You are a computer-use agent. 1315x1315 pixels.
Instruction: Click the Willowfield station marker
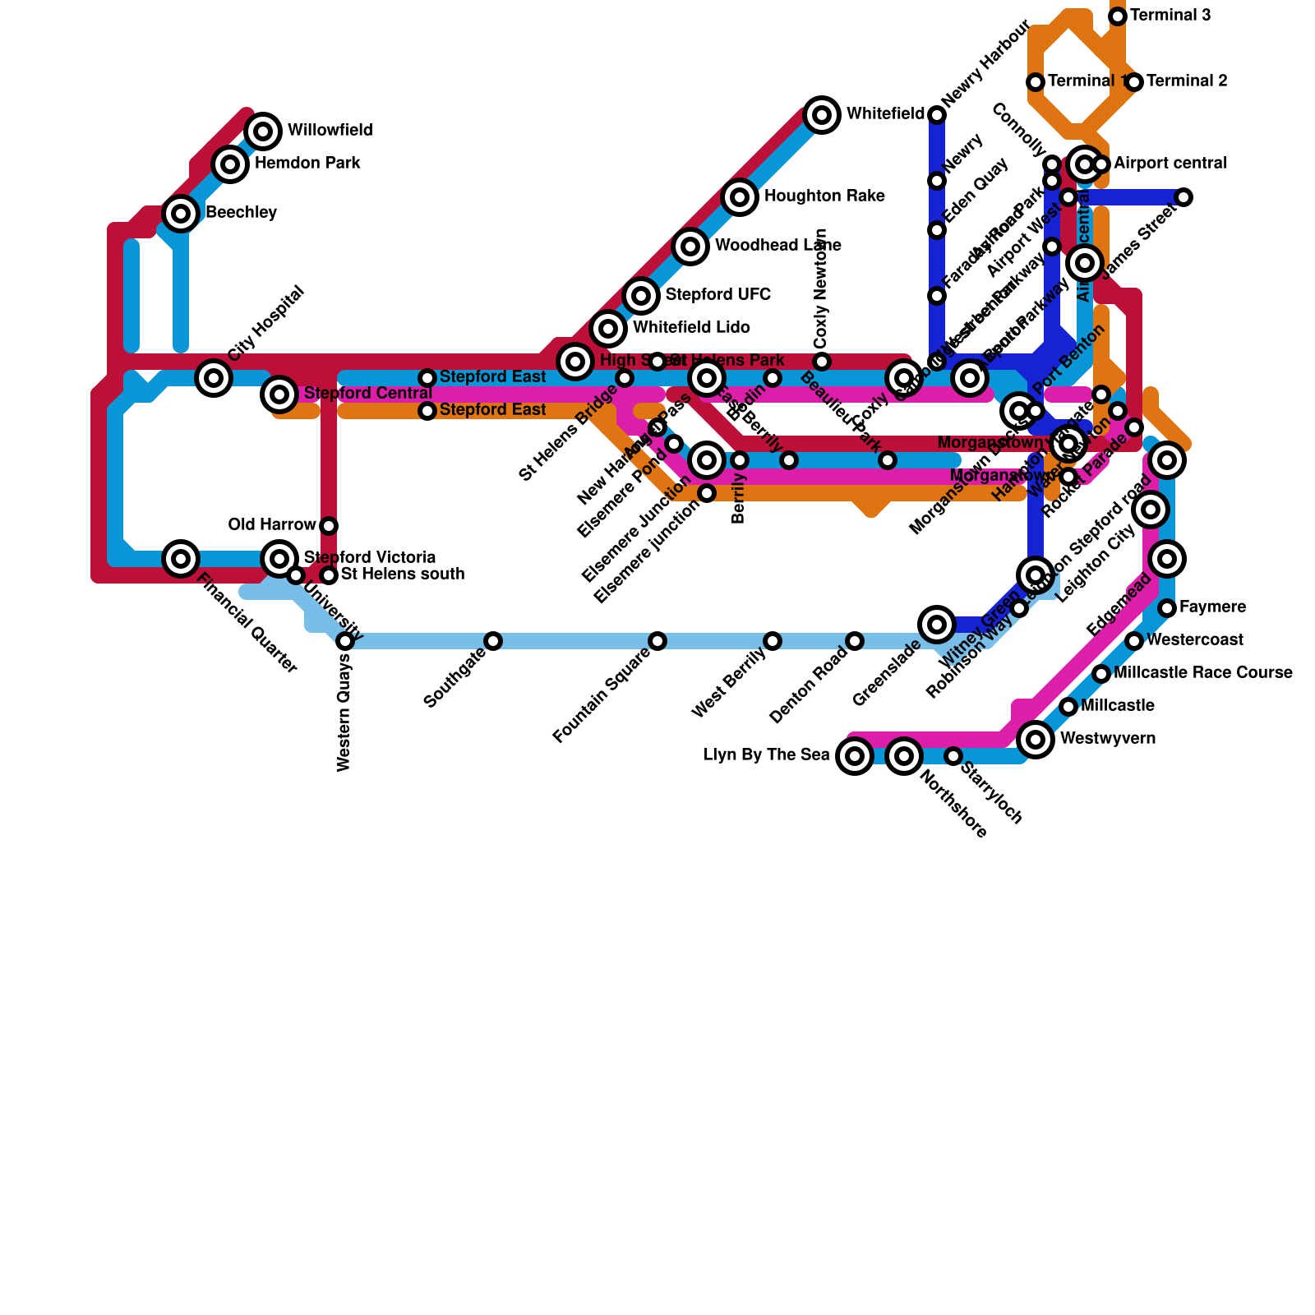pyautogui.click(x=263, y=131)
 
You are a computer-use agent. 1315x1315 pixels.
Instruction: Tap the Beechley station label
pyautogui.click(x=241, y=213)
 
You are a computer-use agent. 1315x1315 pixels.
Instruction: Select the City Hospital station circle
pyautogui.click(x=214, y=378)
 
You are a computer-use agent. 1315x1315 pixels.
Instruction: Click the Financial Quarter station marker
pyautogui.click(x=181, y=559)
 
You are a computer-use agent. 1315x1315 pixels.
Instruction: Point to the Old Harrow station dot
pyautogui.click(x=329, y=525)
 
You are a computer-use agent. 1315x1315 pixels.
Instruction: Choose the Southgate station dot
pyautogui.click(x=493, y=641)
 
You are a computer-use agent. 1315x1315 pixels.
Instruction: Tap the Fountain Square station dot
pyautogui.click(x=657, y=641)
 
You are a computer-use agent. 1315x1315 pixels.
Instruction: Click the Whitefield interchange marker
pyautogui.click(x=822, y=114)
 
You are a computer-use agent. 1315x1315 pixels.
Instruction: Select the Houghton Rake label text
pyautogui.click(x=824, y=196)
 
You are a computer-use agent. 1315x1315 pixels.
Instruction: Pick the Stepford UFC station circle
pyautogui.click(x=641, y=295)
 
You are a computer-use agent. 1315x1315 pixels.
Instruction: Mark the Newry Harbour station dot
pyautogui.click(x=937, y=115)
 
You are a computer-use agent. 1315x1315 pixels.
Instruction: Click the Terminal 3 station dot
pyautogui.click(x=1118, y=16)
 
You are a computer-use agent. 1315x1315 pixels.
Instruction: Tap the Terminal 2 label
pyautogui.click(x=1187, y=81)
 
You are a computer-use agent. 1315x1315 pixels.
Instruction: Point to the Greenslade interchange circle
pyautogui.click(x=937, y=625)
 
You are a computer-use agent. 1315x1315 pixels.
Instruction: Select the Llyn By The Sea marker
pyautogui.click(x=855, y=755)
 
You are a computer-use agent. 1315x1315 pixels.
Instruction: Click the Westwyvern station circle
pyautogui.click(x=1036, y=740)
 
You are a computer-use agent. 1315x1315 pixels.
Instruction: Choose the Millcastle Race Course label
pyautogui.click(x=1203, y=673)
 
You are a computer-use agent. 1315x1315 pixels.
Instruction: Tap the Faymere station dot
pyautogui.click(x=1167, y=608)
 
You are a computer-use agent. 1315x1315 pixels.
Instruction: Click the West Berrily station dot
pyautogui.click(x=773, y=641)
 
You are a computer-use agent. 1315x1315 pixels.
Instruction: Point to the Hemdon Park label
pyautogui.click(x=307, y=164)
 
